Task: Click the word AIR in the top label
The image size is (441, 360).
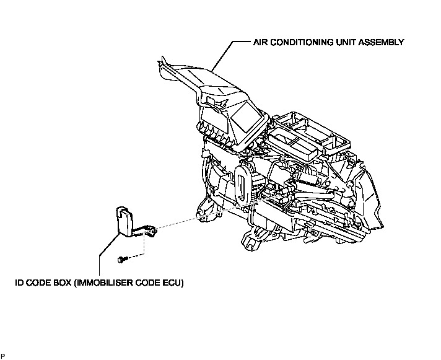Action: (x=260, y=43)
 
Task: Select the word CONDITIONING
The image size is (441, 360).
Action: (x=300, y=43)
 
